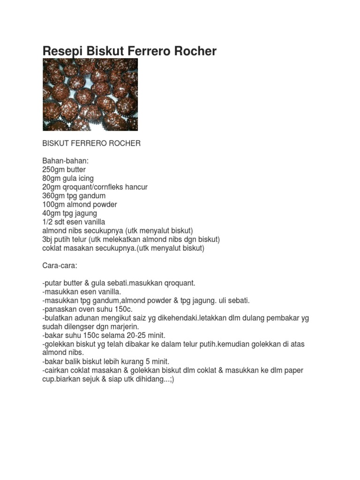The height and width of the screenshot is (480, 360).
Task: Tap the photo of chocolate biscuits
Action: pos(90,94)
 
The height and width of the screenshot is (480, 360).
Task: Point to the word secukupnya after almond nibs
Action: pos(109,231)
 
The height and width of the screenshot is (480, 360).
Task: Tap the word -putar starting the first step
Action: pos(52,283)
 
